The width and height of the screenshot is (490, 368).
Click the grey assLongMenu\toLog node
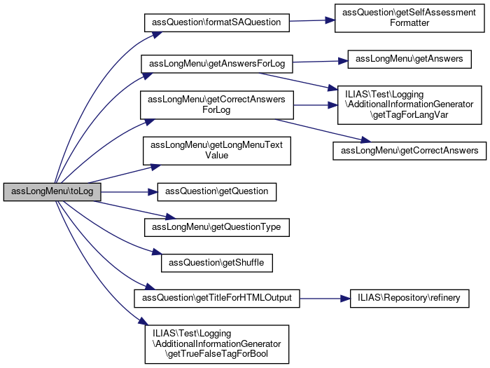coord(52,192)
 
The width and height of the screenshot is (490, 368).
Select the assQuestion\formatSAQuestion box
coord(217,22)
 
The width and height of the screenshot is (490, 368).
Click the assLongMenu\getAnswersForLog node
coord(217,62)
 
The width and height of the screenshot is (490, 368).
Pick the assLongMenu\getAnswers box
coord(409,59)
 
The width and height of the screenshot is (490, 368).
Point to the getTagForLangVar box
coord(409,104)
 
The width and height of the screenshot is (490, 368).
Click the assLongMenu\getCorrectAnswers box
coord(409,150)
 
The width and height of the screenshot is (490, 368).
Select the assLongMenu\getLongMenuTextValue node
coord(217,150)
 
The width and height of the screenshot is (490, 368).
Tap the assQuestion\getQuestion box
coord(217,191)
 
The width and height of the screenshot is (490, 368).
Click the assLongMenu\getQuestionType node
coord(217,226)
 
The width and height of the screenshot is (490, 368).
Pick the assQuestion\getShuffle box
coord(217,262)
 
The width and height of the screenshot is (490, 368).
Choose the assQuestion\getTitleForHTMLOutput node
coord(217,298)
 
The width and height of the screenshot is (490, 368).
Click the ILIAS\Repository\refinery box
coord(409,298)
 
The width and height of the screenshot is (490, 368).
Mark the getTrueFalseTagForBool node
coord(217,343)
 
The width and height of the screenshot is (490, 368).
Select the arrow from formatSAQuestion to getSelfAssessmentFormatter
coord(312,20)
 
